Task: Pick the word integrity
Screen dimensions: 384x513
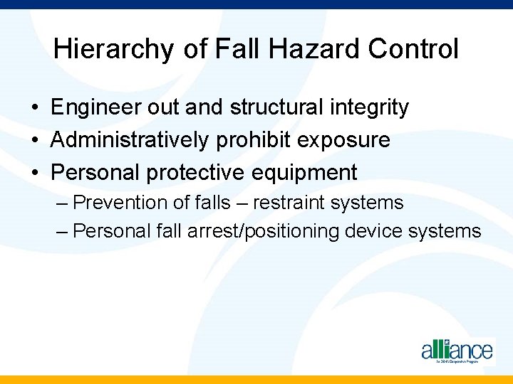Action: click(x=368, y=107)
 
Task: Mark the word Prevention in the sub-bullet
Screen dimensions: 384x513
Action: click(x=120, y=203)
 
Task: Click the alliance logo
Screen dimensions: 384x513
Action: click(x=457, y=351)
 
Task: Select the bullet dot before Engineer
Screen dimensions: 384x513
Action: click(x=35, y=108)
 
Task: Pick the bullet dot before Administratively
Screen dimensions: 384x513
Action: click(x=35, y=141)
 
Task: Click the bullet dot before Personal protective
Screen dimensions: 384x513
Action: click(x=35, y=173)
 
